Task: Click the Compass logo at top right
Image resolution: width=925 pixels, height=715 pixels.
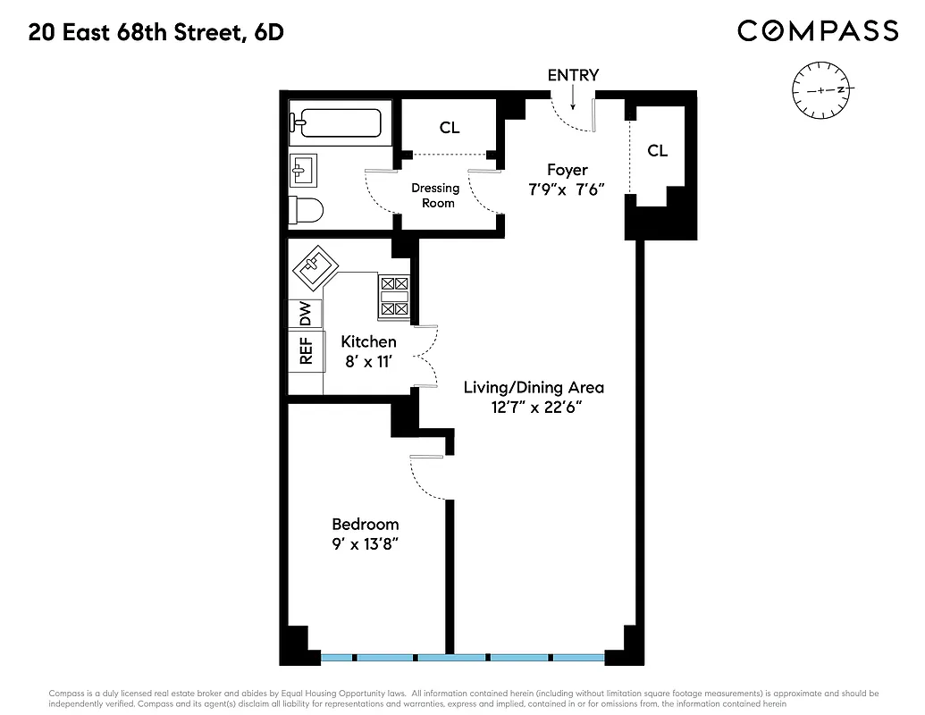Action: point(817,31)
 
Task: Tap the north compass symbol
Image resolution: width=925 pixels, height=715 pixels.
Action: point(822,90)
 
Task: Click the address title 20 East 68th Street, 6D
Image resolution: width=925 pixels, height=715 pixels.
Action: point(156,33)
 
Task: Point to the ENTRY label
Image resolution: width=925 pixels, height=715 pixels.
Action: point(573,76)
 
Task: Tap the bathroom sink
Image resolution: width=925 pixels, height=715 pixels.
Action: point(302,168)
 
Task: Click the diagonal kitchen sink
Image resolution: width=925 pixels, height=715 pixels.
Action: point(314,267)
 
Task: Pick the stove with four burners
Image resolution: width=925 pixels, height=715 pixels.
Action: point(394,297)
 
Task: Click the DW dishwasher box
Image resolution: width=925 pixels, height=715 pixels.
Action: point(305,314)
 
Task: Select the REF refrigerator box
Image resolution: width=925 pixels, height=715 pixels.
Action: point(305,351)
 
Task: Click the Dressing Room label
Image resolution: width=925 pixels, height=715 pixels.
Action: point(435,196)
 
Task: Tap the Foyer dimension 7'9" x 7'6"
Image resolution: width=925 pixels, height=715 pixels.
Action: point(568,189)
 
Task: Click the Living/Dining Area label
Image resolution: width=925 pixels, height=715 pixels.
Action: point(534,388)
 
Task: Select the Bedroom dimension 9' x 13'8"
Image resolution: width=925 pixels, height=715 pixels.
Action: point(366,543)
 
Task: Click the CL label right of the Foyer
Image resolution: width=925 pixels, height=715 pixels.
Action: point(657,151)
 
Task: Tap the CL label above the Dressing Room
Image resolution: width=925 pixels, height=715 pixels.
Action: point(449,128)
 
